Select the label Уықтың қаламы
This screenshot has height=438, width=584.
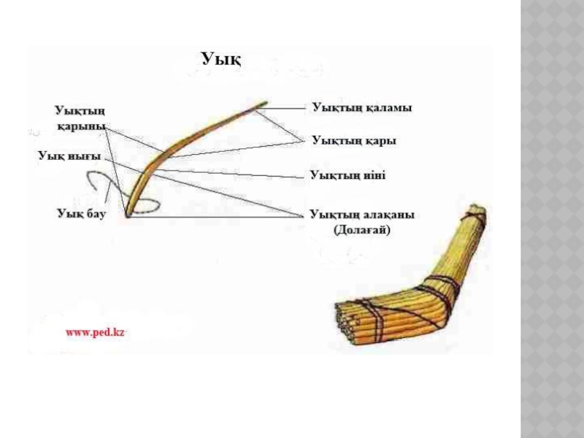[362, 107]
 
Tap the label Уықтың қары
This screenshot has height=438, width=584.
[354, 139]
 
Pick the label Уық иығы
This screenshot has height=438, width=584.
[69, 155]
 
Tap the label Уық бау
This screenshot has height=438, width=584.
[82, 213]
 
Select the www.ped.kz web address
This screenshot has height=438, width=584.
[96, 331]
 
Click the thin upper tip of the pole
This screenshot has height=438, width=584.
[261, 105]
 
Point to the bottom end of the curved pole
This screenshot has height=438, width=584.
[128, 214]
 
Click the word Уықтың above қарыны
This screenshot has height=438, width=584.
[80, 110]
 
